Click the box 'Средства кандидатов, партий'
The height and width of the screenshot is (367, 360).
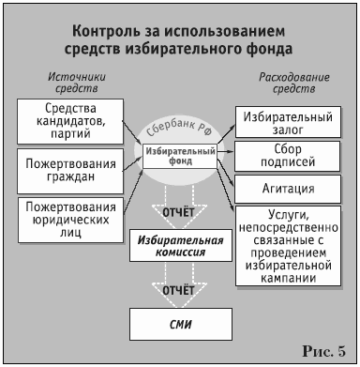[x=67, y=120]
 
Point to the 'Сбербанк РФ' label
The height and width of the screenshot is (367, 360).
[x=180, y=130]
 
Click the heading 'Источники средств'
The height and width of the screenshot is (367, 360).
[x=68, y=83]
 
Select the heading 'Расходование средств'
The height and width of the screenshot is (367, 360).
[x=287, y=83]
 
